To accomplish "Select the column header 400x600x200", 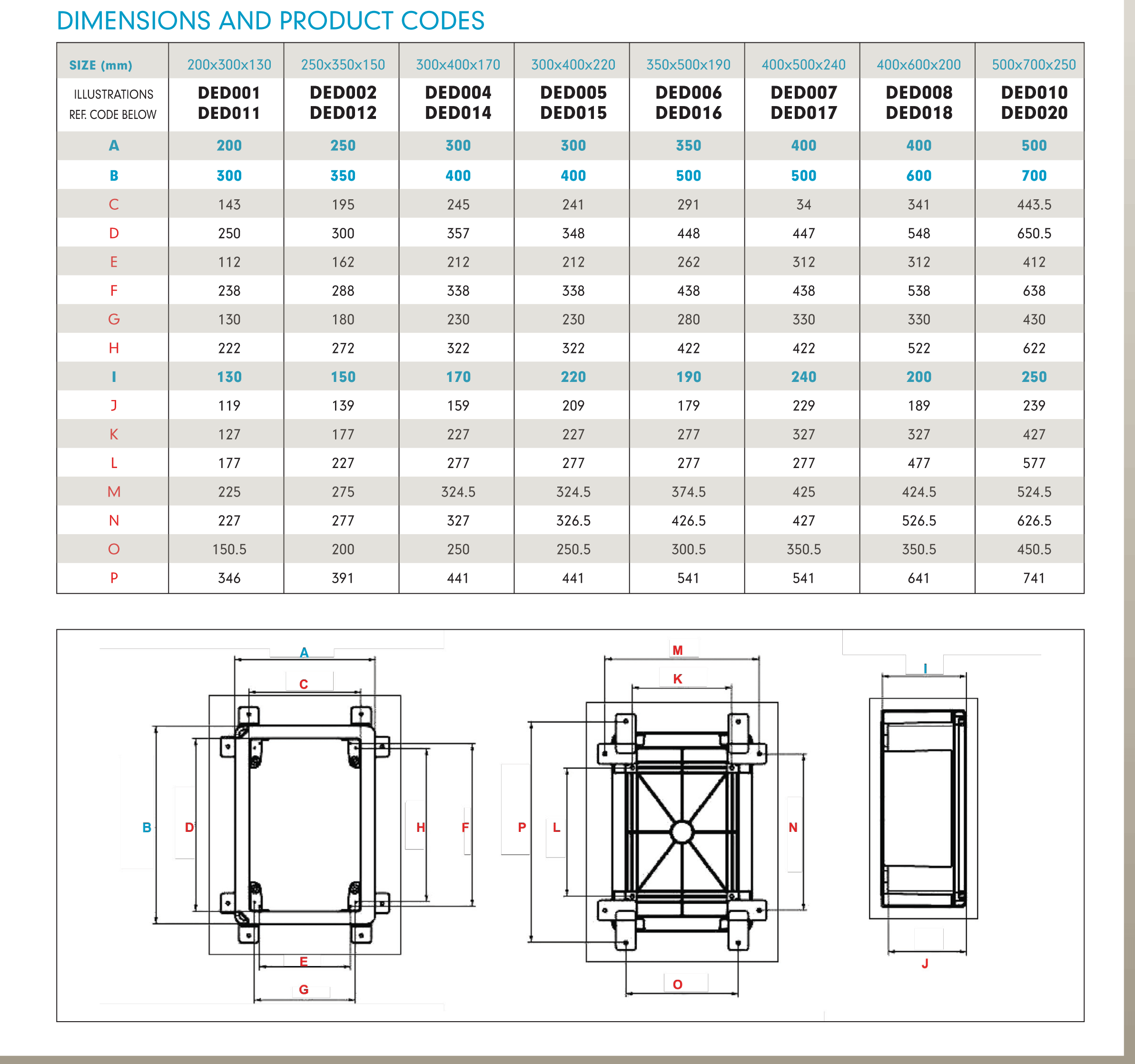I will pyautogui.click(x=918, y=65).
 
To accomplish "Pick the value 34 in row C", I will pyautogui.click(x=803, y=204).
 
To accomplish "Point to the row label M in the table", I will pyautogui.click(x=114, y=492).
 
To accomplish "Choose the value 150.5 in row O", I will pyautogui.click(x=229, y=549).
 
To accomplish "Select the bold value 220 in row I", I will pyautogui.click(x=573, y=377).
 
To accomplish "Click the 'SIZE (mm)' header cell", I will pyautogui.click(x=100, y=65).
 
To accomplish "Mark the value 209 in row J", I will pyautogui.click(x=573, y=406).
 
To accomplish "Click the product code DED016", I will pyautogui.click(x=688, y=113).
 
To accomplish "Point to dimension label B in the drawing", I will pyautogui.click(x=147, y=827).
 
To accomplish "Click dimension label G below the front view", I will pyautogui.click(x=304, y=990).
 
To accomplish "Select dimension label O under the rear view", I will pyautogui.click(x=678, y=984).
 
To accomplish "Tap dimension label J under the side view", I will pyautogui.click(x=925, y=964).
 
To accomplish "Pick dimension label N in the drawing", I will pyautogui.click(x=793, y=827).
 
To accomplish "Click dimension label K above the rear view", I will pyautogui.click(x=678, y=679).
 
